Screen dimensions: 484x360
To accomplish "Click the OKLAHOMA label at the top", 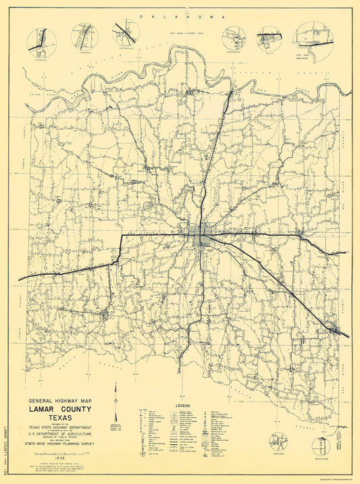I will coord(179,15).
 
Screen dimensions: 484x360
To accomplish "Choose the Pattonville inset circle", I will coord(126,33).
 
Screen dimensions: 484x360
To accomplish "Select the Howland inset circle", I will coord(280,443).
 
